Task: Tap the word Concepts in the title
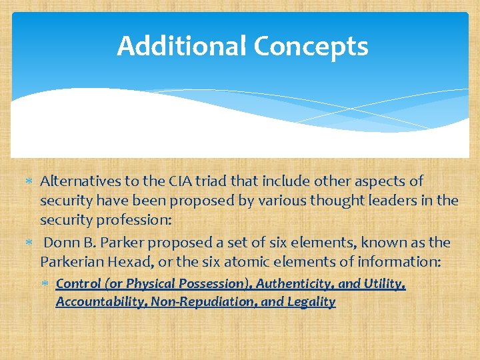(311, 46)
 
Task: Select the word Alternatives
(80, 181)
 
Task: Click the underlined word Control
(77, 284)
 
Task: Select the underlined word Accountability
(101, 302)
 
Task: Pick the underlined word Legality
(311, 302)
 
